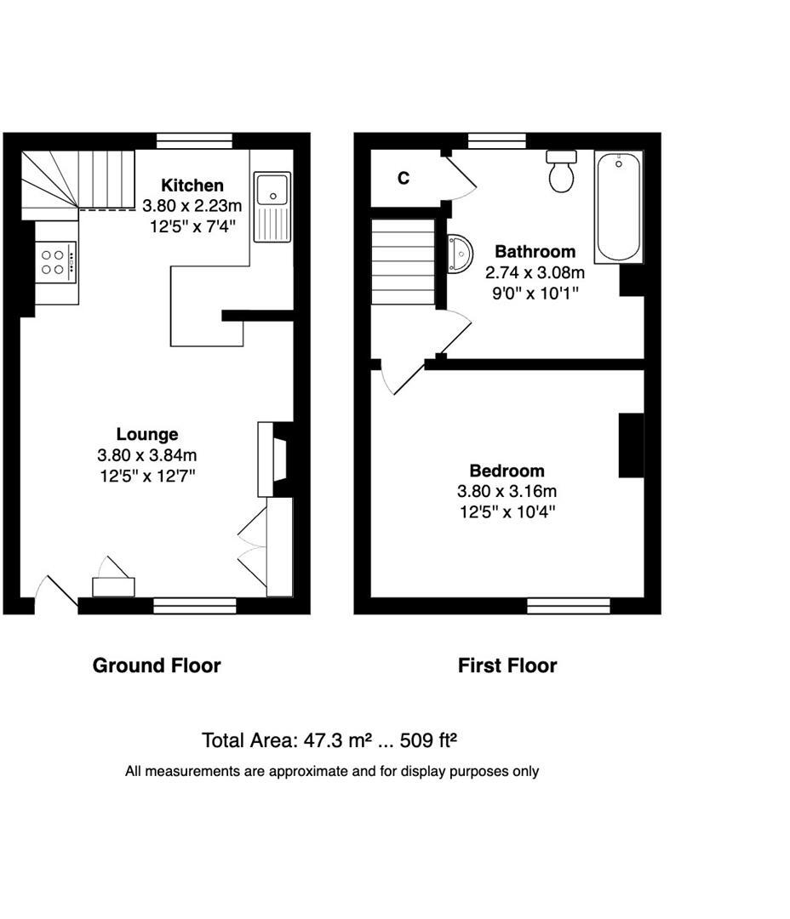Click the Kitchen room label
(x=193, y=186)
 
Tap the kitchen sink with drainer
(x=272, y=205)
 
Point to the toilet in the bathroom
(x=561, y=171)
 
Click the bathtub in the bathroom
(x=618, y=207)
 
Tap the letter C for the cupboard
(x=404, y=179)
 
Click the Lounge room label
(x=147, y=435)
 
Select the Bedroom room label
(x=507, y=471)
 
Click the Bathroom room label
(x=535, y=252)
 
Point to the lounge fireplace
(x=274, y=459)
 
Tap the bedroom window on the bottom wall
(x=568, y=605)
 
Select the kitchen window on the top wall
(x=195, y=141)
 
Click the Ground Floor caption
(x=156, y=665)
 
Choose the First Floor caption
(x=507, y=665)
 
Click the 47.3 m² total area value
(x=335, y=740)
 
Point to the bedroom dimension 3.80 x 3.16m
(x=507, y=491)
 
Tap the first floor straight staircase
(x=403, y=261)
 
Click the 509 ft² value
(x=434, y=740)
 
